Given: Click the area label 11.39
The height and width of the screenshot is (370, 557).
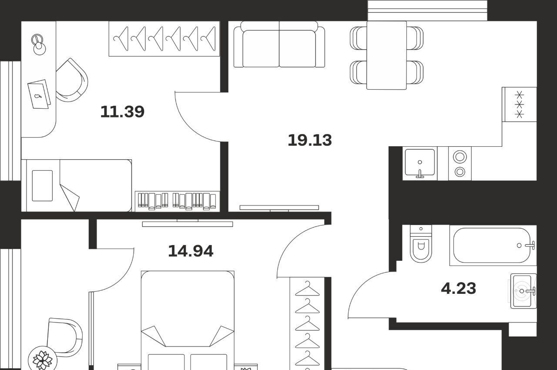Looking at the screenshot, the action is point(122,111).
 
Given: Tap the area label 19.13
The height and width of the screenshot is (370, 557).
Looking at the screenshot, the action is point(310,140).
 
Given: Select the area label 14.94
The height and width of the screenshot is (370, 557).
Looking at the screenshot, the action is point(191,251).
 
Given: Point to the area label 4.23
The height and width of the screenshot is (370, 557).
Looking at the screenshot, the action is point(459,289).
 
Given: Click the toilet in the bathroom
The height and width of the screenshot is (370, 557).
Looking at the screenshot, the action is point(421,244).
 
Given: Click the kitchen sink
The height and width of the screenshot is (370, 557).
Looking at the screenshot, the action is point(420,163).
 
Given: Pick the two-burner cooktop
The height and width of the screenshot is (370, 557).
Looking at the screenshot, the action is point(460,163).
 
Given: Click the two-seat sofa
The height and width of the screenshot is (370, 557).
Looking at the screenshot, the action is point(279,44).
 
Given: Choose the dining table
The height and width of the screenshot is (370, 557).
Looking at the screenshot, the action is point(387,55).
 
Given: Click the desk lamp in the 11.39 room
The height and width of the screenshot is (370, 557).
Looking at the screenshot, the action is point(38,44).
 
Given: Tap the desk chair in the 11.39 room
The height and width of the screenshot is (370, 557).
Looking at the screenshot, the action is point(72,80).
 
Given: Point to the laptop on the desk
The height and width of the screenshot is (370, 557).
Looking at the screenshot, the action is point(39,94).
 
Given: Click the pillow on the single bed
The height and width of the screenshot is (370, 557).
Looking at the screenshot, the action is point(42,185).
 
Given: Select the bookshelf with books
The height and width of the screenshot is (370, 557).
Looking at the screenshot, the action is point(177,201).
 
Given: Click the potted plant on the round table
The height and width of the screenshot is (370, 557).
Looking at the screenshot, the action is point(43,360).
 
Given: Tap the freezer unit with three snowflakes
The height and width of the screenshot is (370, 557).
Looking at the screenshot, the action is point(519,104).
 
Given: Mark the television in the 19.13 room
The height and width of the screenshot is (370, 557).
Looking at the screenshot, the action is point(279,208).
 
